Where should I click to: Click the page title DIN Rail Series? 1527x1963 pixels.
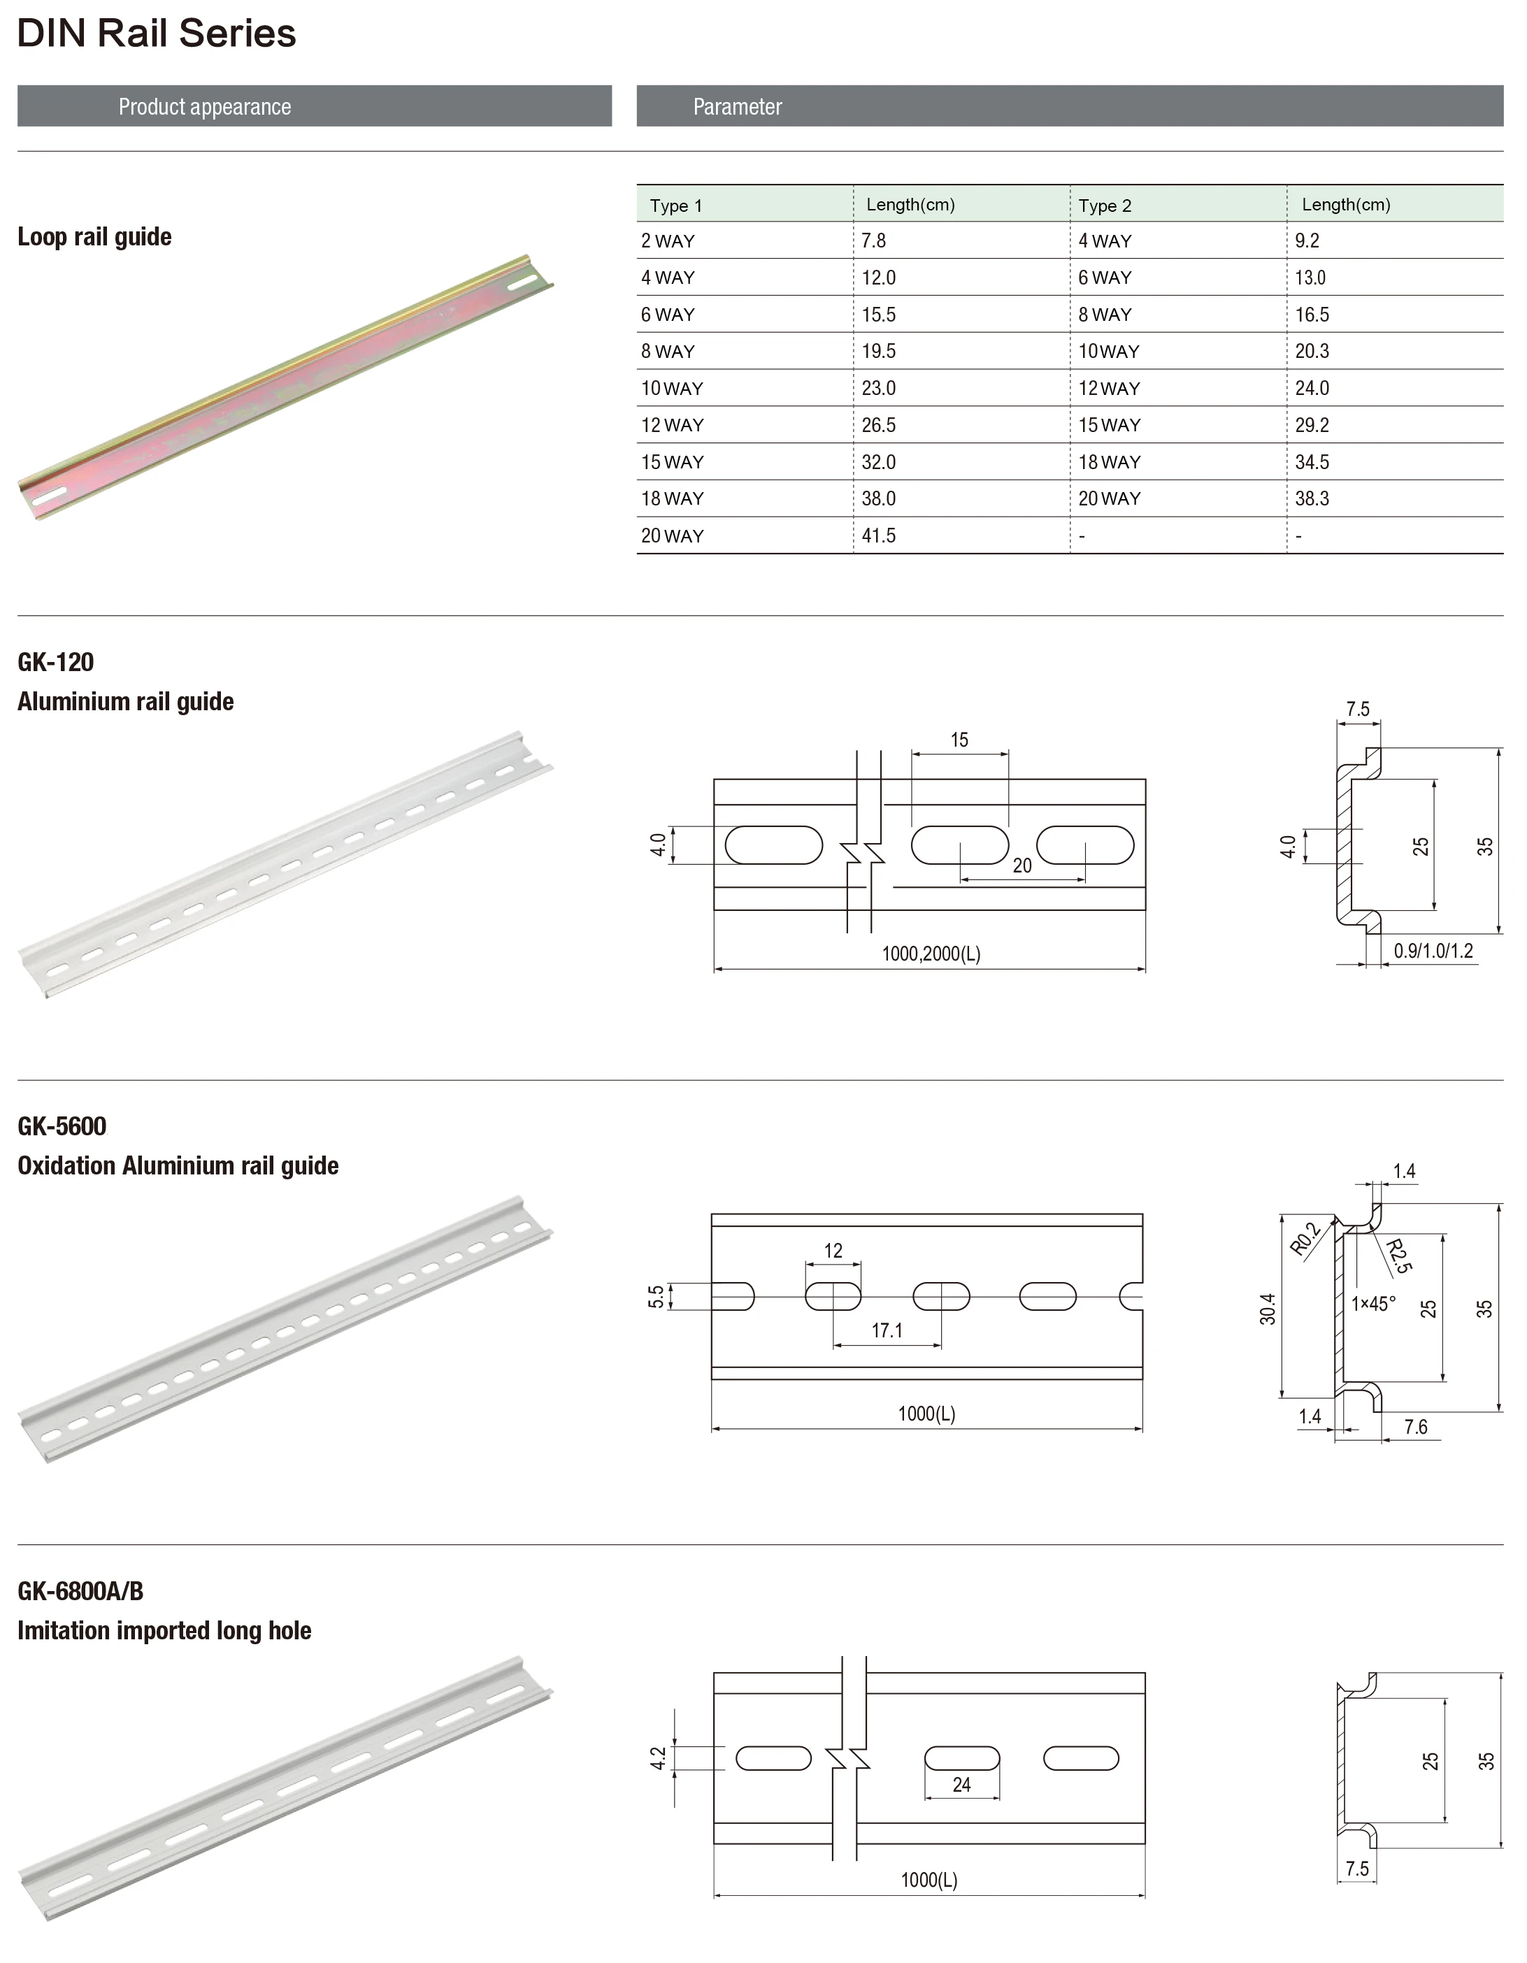[157, 34]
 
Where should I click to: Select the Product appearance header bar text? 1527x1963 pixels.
[205, 107]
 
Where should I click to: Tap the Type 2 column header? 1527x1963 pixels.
[1105, 206]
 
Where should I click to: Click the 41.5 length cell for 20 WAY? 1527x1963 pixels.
[878, 535]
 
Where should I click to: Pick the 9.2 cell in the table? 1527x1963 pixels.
[1307, 241]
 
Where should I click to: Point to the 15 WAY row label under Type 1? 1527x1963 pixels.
[671, 462]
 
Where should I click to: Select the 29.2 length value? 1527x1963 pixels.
[1311, 425]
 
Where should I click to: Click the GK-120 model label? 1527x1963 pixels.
[56, 663]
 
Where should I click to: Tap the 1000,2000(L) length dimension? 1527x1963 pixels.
[930, 954]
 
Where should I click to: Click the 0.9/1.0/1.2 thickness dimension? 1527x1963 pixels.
[1433, 951]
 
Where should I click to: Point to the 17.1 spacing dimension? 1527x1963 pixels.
[886, 1330]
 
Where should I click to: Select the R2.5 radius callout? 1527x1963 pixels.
[1398, 1256]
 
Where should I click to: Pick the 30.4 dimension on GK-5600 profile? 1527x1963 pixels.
[1268, 1309]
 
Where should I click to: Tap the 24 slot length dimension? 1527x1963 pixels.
[961, 1785]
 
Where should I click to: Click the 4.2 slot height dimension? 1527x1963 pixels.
[658, 1758]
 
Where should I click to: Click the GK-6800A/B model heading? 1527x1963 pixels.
[80, 1592]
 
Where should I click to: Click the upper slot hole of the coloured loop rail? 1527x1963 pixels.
[522, 283]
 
